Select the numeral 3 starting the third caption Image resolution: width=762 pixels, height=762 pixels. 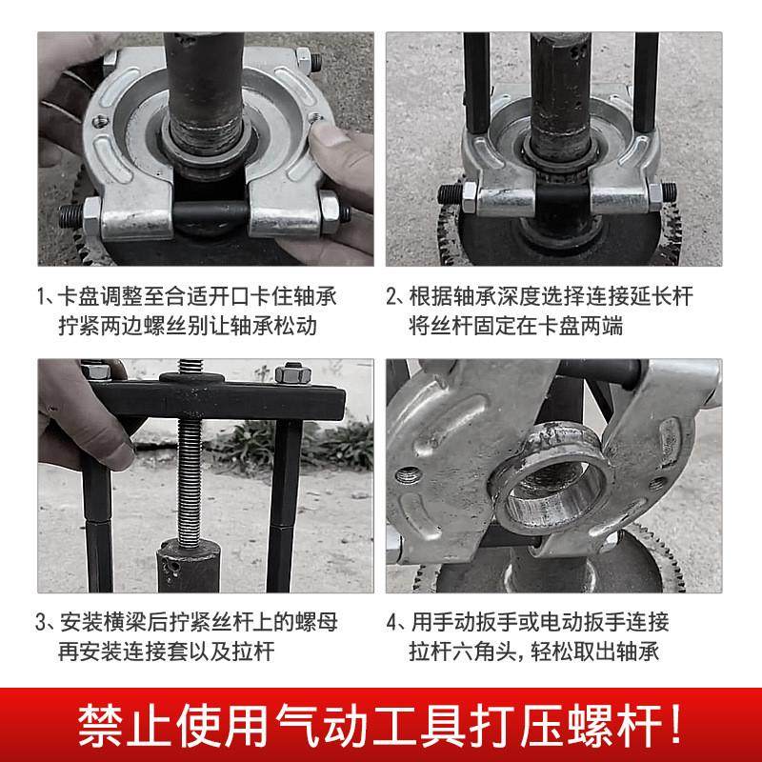point(43,624)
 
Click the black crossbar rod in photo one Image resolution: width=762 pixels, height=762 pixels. point(210,211)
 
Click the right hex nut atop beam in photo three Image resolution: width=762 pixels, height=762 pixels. point(291,372)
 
